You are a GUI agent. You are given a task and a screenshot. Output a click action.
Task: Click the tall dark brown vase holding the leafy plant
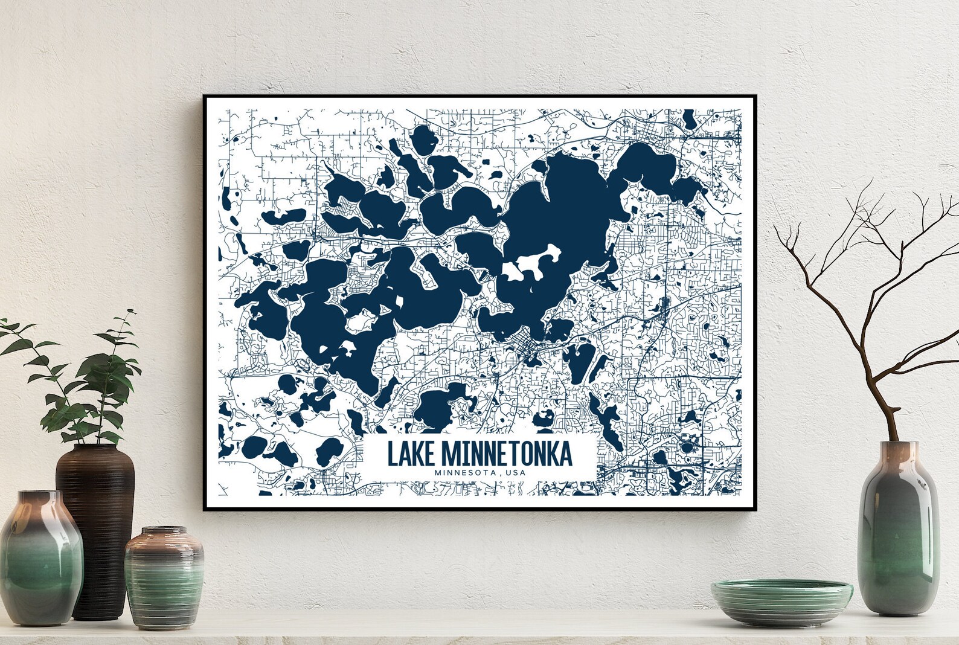coord(95,525)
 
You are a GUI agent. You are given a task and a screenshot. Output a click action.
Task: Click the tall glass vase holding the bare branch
coord(898,531)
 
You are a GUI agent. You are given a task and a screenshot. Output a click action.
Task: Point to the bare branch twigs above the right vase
coord(858,272)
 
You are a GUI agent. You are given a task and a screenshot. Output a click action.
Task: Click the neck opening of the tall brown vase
coord(95,448)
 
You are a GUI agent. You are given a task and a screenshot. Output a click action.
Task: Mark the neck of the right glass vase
coord(899,450)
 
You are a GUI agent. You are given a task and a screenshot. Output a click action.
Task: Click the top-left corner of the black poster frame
coord(205,96)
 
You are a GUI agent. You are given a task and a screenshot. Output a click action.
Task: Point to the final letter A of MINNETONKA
coord(565,454)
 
